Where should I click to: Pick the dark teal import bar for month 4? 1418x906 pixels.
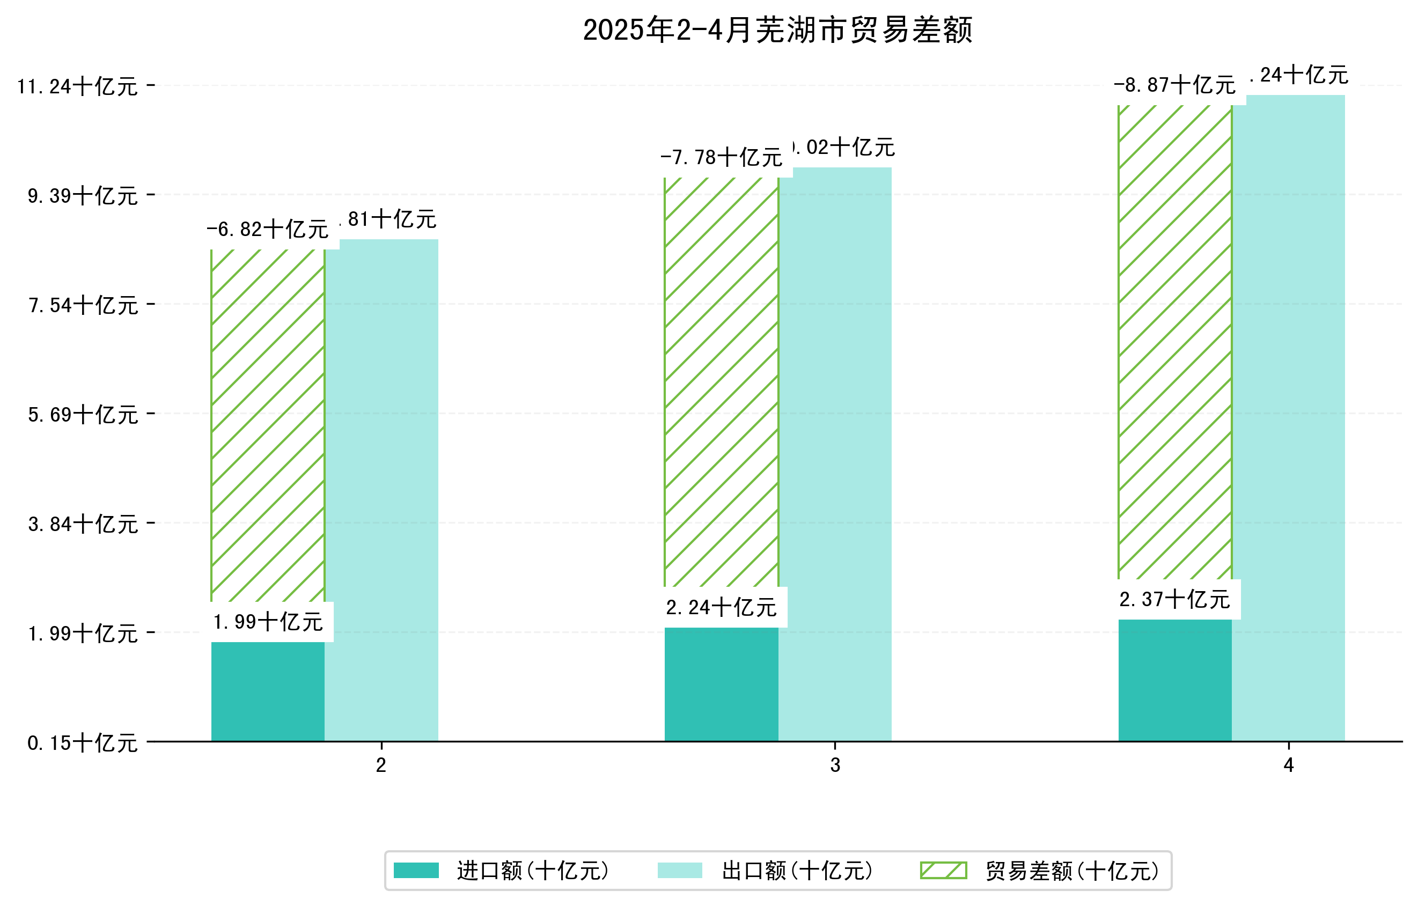pos(1175,680)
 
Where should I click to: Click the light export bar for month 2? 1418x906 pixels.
pos(381,489)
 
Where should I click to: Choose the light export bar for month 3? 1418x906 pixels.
pos(835,453)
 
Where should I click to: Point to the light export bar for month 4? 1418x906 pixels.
pos(1289,418)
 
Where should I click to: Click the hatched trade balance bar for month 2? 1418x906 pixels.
pos(267,424)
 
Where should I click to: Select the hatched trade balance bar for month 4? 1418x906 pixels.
pos(1175,342)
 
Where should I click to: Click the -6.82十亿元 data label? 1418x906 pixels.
pos(267,229)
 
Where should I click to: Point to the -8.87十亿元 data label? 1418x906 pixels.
pos(1174,85)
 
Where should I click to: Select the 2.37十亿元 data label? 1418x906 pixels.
pos(1174,599)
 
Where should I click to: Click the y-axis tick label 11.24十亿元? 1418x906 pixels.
pos(77,86)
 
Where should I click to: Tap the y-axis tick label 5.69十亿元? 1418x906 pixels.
pos(83,415)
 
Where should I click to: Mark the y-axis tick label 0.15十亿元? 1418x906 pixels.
pos(83,743)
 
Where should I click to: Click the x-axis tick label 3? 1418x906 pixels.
pos(835,765)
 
